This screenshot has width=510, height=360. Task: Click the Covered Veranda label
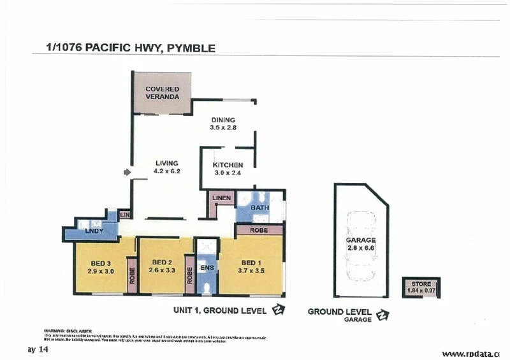[162, 93]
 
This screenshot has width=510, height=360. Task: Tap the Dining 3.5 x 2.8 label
[223, 124]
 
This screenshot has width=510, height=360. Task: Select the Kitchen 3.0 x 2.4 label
[228, 168]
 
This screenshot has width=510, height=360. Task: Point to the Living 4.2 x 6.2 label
[167, 167]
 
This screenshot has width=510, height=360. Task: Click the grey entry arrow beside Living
[126, 171]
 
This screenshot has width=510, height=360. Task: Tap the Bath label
[259, 208]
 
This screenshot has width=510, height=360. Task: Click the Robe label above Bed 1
[258, 229]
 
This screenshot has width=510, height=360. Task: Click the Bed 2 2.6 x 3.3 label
[161, 266]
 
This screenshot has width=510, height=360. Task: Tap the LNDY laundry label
[94, 231]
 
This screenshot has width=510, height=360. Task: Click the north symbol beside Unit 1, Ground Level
[278, 311]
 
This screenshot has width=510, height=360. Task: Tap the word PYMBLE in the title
[190, 48]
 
